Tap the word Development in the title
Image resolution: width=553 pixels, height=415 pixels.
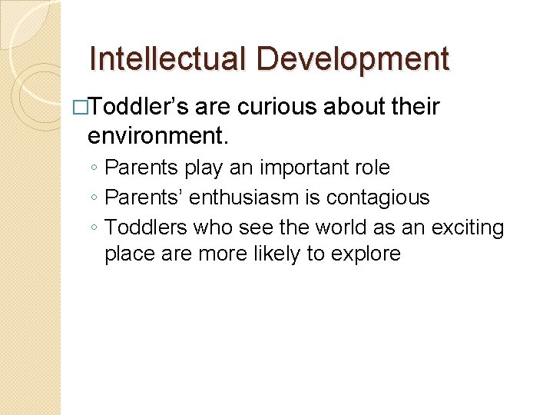pyautogui.click(x=353, y=59)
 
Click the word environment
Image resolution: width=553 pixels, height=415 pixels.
pyautogui.click(x=157, y=137)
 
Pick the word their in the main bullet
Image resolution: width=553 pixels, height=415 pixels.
pyautogui.click(x=414, y=108)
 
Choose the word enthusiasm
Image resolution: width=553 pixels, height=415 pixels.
pyautogui.click(x=249, y=198)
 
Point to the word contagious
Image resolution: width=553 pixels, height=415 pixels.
pyautogui.click(x=378, y=198)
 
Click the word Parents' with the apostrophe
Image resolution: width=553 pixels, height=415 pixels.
pyautogui.click(x=144, y=198)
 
